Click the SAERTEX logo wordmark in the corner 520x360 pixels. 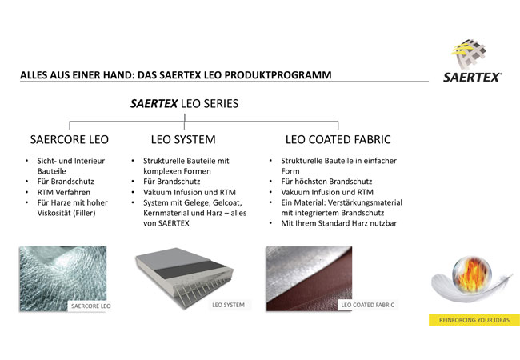pos(472,78)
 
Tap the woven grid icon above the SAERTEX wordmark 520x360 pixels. pos(470,54)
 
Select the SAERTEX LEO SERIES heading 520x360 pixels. pos(184,104)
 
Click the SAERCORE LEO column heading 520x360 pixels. pos(70,139)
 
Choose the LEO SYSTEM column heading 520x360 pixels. pos(183,139)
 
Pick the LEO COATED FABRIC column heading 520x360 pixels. pos(338,139)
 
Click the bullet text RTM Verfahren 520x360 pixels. pos(64,192)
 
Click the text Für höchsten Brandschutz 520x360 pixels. pos(326,182)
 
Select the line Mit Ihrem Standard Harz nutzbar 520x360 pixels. pos(339,223)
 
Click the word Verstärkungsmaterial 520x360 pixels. pos(365,202)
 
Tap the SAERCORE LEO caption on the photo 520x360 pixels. pos(91,306)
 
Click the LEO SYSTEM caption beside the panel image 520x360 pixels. pos(228,305)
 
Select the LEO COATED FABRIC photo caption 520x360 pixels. pos(368,305)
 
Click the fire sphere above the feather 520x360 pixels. pos(472,274)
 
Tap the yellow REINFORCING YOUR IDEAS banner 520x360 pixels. pos(474,320)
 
